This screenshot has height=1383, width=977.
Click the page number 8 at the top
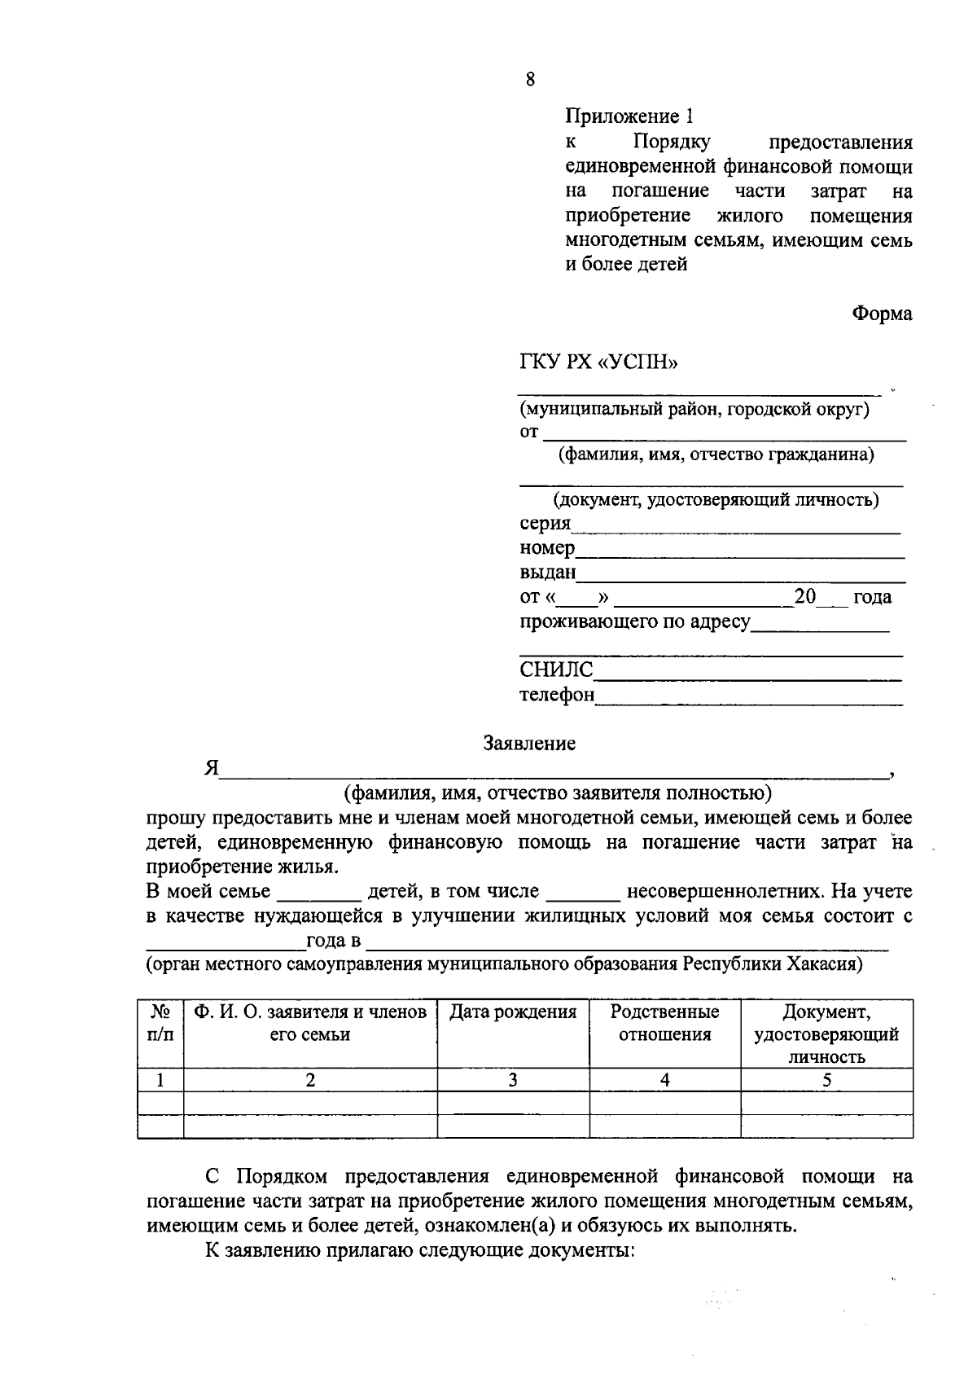coord(530,79)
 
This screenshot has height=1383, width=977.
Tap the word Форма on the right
coord(882,314)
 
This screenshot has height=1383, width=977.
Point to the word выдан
coord(547,573)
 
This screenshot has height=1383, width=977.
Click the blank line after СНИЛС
coord(747,677)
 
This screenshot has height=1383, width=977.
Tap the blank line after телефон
coord(748,701)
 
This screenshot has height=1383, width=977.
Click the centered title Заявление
coord(529,743)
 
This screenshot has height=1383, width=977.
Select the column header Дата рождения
coord(513,1012)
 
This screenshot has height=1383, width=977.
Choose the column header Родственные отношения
coord(664,1024)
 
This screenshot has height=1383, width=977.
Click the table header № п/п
coord(160,1024)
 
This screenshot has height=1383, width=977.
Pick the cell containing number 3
coord(513,1081)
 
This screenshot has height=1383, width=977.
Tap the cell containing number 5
coord(826,1081)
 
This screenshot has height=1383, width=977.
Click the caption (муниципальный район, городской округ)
coord(694,410)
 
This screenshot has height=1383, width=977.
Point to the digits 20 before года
coord(804,596)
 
